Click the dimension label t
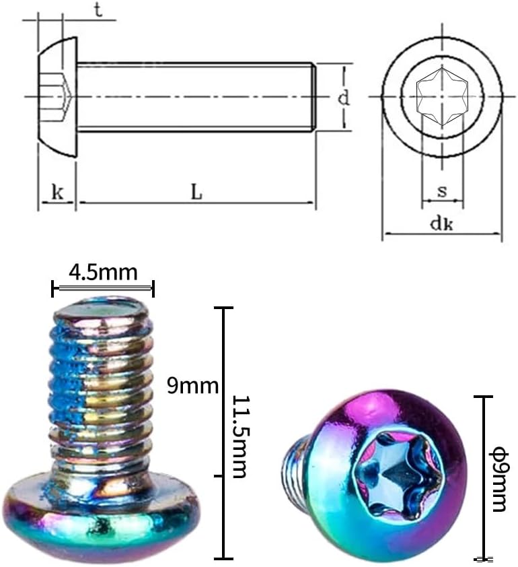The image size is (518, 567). point(98,11)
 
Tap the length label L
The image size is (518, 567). point(196,192)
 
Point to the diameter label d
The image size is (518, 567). point(344,98)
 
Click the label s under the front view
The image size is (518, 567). point(442,191)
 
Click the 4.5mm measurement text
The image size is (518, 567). point(103,273)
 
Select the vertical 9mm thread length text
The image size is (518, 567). point(192,386)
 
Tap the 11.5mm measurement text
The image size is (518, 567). point(239,436)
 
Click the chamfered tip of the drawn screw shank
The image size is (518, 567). point(313,97)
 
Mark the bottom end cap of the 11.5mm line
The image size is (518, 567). point(223,558)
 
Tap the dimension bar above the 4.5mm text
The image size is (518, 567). point(103,288)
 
